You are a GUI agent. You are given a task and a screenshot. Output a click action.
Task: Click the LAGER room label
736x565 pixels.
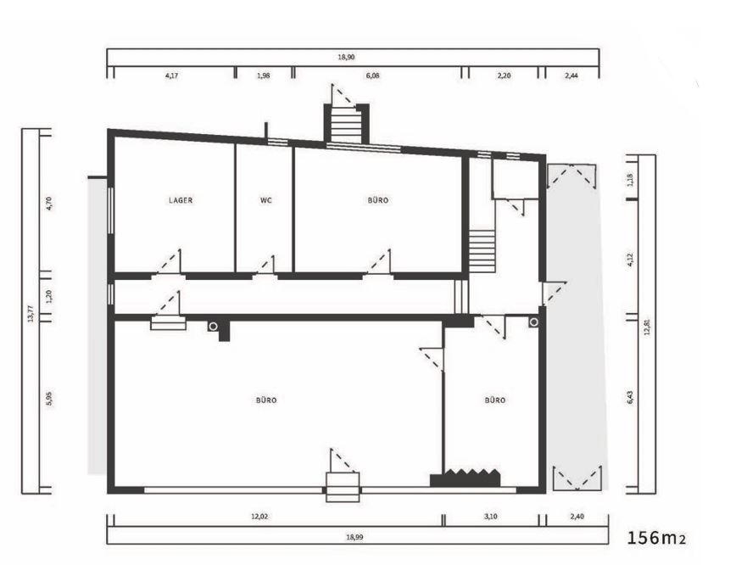click(x=181, y=201)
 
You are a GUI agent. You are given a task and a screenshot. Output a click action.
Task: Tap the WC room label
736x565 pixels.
click(x=265, y=201)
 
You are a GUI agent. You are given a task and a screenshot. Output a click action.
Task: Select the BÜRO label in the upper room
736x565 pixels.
click(x=378, y=201)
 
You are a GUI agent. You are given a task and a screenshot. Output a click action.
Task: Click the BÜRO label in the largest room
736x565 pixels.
click(x=267, y=400)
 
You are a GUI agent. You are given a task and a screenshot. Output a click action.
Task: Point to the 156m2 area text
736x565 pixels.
click(x=655, y=538)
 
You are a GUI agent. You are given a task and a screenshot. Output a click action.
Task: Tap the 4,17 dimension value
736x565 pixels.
click(x=170, y=76)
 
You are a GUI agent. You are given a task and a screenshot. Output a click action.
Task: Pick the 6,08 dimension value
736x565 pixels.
click(x=372, y=76)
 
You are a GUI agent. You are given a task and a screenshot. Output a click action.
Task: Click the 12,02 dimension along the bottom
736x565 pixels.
click(x=271, y=516)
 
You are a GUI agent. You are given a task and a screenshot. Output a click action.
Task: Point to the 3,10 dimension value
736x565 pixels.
click(x=494, y=516)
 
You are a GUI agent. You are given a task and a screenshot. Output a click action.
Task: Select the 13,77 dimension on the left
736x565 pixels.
click(x=31, y=313)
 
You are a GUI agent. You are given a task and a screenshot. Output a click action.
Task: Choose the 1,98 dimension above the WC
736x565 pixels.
click(x=262, y=76)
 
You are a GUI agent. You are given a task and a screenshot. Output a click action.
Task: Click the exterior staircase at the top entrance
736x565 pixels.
click(x=345, y=125)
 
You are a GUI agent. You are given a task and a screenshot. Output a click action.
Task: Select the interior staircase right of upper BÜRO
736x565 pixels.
click(x=482, y=251)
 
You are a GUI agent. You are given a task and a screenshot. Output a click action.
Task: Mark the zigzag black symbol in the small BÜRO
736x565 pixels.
click(x=467, y=477)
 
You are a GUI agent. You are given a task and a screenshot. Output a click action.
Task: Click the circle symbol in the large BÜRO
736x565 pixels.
click(x=213, y=326)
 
